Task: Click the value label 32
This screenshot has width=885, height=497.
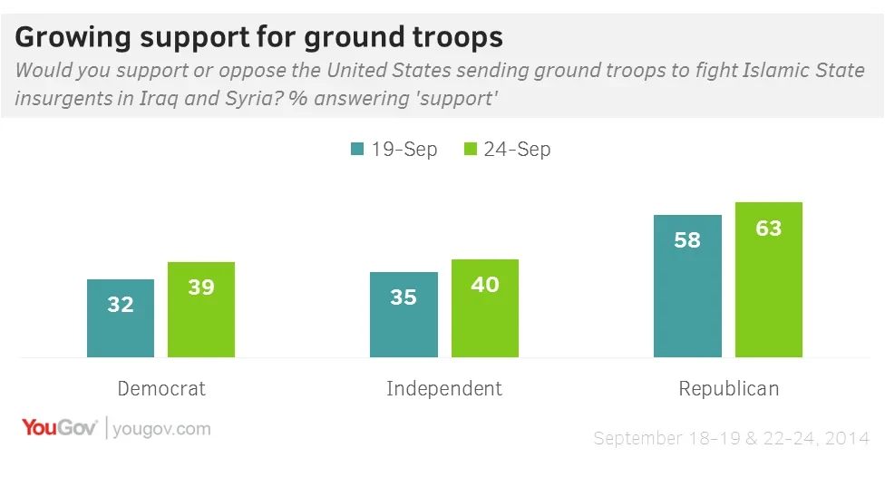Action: point(121,305)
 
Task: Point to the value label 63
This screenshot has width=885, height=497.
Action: point(769,228)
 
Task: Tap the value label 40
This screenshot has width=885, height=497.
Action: point(485,285)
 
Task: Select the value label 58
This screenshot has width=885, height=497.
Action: point(687,240)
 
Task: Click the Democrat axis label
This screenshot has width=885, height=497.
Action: point(161,389)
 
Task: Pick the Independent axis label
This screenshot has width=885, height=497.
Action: point(444,389)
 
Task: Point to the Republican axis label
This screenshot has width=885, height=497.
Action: point(729,389)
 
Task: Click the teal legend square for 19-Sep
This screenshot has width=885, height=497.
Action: point(357,150)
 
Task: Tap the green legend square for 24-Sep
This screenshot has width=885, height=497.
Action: point(471,150)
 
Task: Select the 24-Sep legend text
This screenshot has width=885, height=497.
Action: point(517,150)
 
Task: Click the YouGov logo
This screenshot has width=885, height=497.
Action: point(60,428)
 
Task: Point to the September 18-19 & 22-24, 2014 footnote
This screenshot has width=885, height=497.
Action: point(731,439)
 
